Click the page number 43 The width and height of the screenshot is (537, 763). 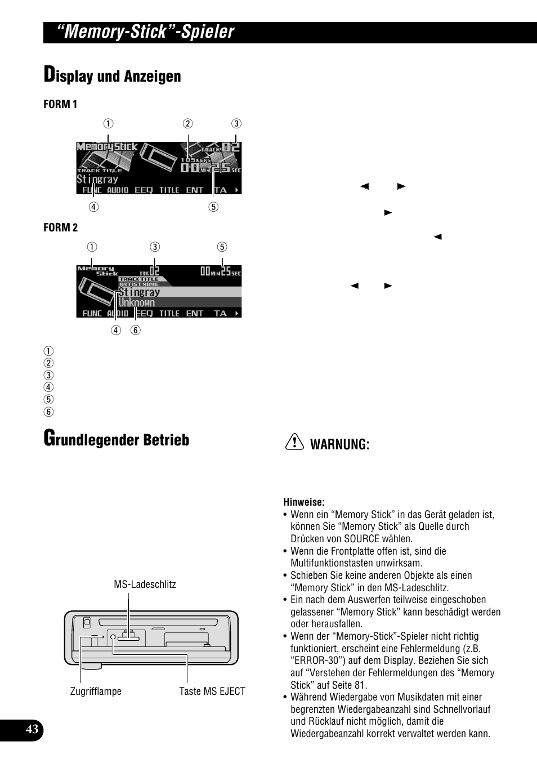[32, 730]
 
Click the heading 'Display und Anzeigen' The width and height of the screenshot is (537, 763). [113, 75]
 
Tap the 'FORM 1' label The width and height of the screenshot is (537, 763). [60, 104]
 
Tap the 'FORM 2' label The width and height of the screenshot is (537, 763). [60, 227]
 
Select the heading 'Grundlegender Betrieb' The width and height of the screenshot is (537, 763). [117, 439]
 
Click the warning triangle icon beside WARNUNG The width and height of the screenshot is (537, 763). [294, 444]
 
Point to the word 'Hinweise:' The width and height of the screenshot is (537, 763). [304, 502]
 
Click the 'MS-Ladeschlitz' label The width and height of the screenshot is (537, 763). [145, 584]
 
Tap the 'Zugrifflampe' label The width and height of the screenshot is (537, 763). [96, 691]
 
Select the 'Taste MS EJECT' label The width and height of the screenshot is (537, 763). [212, 691]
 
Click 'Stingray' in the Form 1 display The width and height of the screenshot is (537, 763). [97, 180]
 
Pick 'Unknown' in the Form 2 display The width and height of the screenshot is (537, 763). [136, 302]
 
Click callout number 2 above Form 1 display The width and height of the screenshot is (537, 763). [187, 124]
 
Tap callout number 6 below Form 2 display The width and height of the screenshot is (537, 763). [136, 331]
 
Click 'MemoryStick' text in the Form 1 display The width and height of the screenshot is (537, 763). [107, 148]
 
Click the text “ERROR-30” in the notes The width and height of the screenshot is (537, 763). [312, 661]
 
